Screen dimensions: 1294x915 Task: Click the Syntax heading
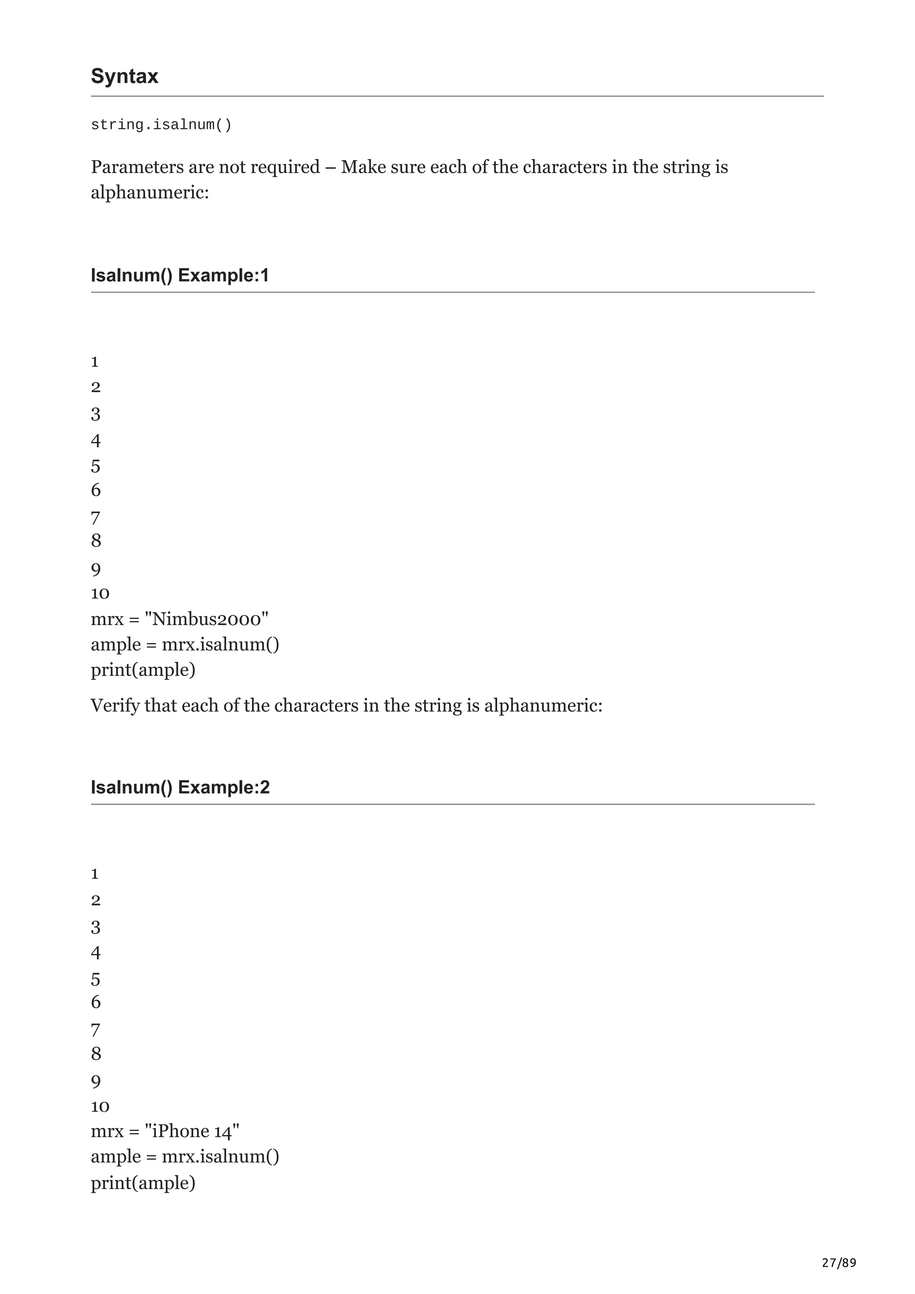click(x=125, y=76)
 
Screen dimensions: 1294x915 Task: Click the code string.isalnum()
click(x=161, y=125)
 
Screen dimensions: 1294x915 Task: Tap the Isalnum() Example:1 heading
click(x=180, y=275)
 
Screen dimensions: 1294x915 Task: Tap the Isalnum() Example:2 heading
click(x=180, y=787)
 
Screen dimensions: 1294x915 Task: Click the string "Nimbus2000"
click(x=206, y=619)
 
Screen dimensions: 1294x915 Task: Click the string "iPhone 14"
click(x=192, y=1131)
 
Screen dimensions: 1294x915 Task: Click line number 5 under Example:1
click(x=96, y=466)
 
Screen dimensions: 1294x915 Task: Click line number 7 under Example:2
click(x=96, y=1030)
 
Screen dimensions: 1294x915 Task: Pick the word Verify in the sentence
click(x=115, y=705)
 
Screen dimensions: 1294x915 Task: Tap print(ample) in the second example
click(x=143, y=1182)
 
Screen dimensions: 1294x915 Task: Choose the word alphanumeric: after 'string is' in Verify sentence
click(x=543, y=705)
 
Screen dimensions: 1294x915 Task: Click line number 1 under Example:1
click(x=95, y=361)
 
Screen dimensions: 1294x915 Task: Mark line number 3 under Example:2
click(x=96, y=927)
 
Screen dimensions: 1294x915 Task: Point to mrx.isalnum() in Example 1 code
click(x=220, y=644)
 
